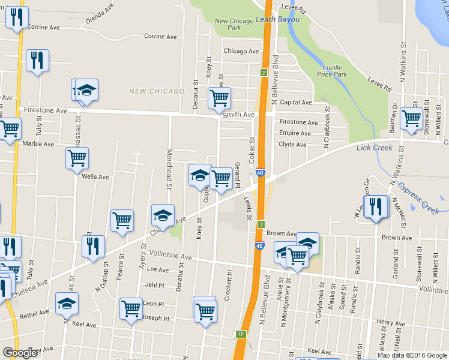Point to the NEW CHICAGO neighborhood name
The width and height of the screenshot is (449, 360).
[x=157, y=91]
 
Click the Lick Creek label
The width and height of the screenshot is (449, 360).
[x=375, y=148]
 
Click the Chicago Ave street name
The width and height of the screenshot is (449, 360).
[x=241, y=52]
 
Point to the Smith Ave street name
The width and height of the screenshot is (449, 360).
[x=238, y=115]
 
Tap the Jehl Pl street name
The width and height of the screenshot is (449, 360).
[x=154, y=285]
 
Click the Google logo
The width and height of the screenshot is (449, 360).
[x=20, y=353]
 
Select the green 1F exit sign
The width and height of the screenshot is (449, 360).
[x=241, y=334]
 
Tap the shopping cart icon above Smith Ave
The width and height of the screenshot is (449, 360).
[x=220, y=97]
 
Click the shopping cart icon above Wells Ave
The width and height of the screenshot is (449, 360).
[x=77, y=158]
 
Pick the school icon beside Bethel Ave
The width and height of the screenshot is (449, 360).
[x=67, y=303]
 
